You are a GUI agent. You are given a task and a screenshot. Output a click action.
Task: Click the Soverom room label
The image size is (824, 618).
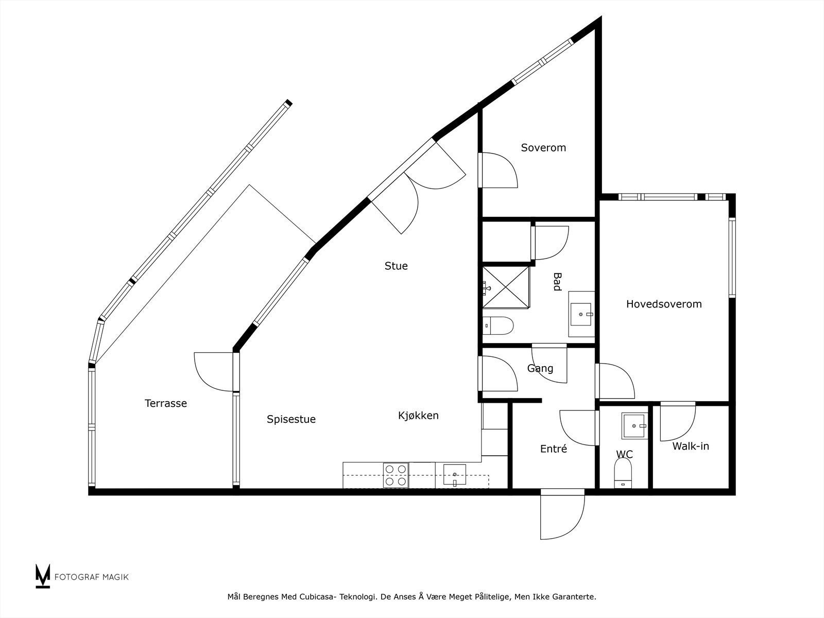coord(543,148)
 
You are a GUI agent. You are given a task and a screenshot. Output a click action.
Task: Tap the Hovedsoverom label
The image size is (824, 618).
coord(664,304)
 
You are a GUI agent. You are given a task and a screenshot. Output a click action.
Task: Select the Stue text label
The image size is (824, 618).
coord(396,266)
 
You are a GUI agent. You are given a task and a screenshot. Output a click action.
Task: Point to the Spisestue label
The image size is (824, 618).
coord(291,419)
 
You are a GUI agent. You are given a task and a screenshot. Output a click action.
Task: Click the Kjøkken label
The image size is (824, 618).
coord(418,415)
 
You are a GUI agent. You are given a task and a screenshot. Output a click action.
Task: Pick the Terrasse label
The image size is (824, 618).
coord(165,403)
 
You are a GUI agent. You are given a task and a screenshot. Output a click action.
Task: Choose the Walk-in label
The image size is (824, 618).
coord(690,447)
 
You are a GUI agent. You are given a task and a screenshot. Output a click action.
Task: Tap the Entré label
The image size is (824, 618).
coord(554,449)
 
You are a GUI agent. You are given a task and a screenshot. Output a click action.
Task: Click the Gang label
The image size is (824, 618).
coord(540,368)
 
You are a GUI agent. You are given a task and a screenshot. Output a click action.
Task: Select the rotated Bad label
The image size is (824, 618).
coord(557,282)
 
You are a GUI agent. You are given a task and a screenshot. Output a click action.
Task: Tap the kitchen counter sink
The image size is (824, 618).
coord(455,475)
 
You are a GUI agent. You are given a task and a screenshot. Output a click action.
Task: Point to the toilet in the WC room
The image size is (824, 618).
coord(623,473)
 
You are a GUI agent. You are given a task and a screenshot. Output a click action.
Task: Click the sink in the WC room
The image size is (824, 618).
coord(634,425)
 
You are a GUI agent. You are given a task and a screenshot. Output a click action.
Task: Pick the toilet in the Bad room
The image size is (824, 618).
coord(499,325)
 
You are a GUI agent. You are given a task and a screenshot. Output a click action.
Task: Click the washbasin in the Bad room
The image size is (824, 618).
coord(581,314)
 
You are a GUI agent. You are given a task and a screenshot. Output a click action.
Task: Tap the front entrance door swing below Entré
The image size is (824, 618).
coord(562,515)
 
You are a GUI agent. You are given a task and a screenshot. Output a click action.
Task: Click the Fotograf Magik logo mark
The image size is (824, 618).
coord(43,576)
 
